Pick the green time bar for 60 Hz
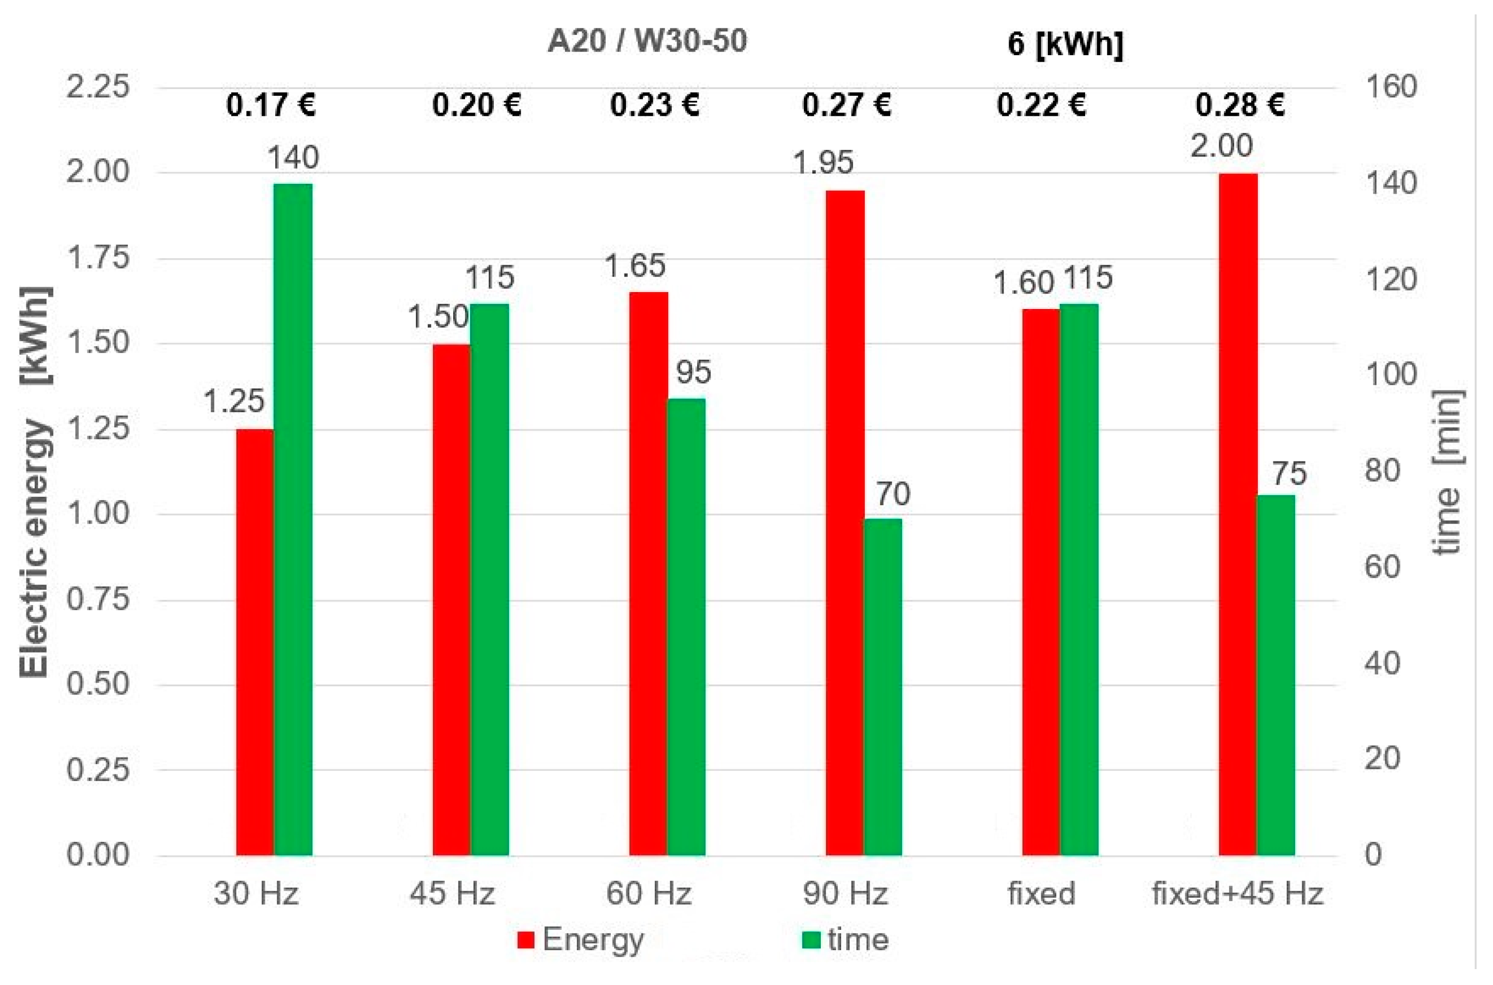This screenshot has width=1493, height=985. coord(686,626)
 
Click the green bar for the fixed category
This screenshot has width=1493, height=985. coord(1079,579)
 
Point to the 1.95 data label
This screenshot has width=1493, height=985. coord(823,163)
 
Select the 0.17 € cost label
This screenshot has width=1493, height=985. coord(271,105)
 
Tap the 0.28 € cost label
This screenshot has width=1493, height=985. coord(1239,105)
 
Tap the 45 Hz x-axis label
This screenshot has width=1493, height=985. coord(453,893)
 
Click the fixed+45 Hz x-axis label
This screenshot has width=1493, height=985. coord(1237,893)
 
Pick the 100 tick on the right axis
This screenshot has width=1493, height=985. coord(1390,375)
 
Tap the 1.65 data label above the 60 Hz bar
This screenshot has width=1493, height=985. coord(634,265)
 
